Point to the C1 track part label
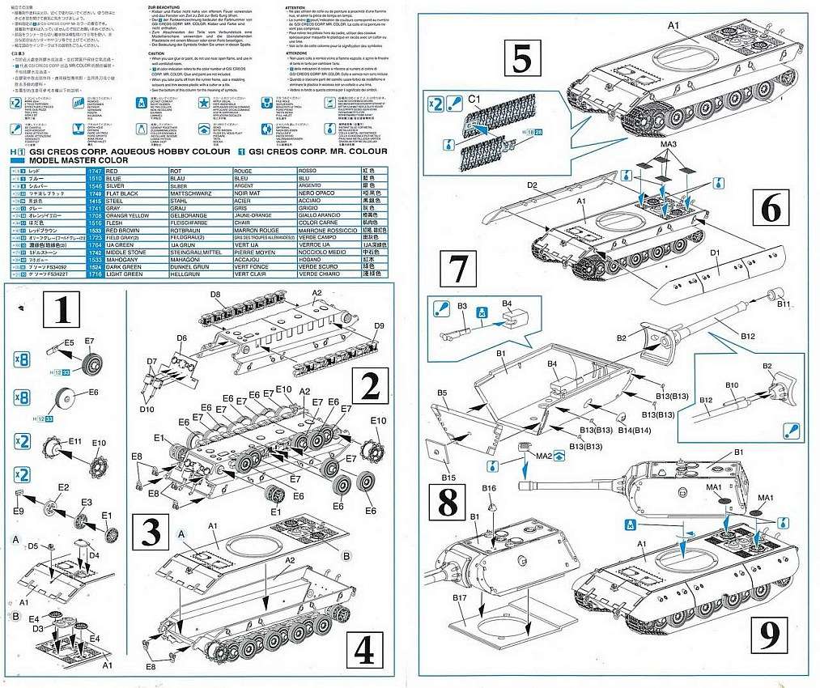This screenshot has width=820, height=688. pos(476,100)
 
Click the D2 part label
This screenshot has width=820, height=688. pos(533,185)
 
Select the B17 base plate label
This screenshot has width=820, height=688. pos(462,598)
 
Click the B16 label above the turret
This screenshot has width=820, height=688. pos(488,488)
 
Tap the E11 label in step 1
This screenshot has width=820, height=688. pos(75,441)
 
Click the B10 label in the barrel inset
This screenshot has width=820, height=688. pos(732,384)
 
